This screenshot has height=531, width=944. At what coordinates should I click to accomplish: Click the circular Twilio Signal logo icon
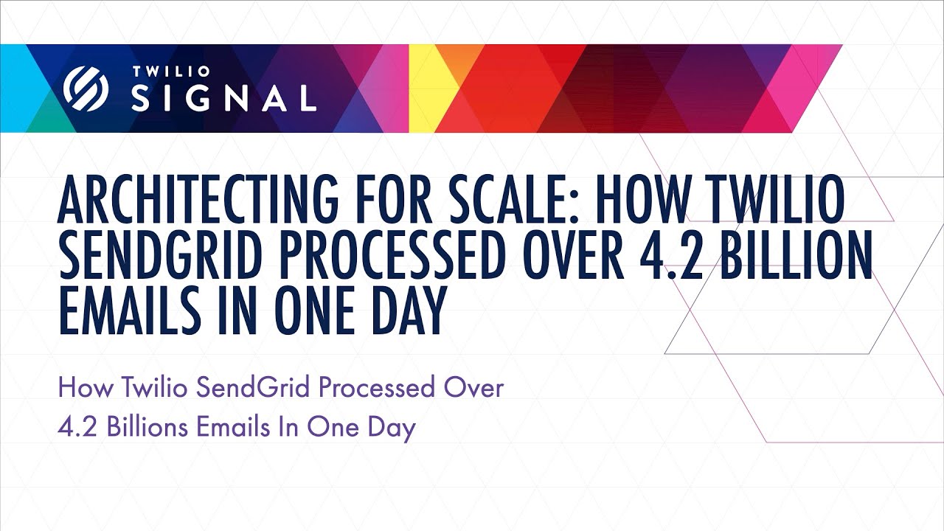pos(86,89)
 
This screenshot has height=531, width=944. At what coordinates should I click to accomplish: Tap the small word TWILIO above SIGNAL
pos(171,72)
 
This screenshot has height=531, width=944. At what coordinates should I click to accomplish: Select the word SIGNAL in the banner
pos(223,97)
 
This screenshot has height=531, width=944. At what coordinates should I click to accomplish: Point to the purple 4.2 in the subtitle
pos(78,428)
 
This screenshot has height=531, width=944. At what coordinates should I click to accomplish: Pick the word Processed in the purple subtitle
pos(376,387)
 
